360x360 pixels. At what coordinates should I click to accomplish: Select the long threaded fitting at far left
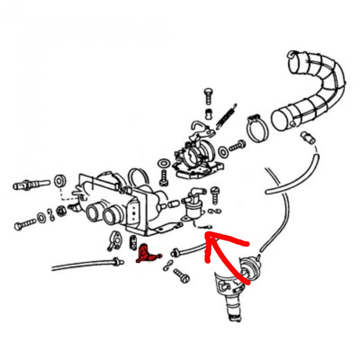[x=31, y=184]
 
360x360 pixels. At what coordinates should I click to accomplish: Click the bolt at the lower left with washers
[x=25, y=224]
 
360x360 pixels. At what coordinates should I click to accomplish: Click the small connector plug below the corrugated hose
[x=308, y=138]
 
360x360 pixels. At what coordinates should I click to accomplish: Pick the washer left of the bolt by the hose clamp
[x=223, y=151]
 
